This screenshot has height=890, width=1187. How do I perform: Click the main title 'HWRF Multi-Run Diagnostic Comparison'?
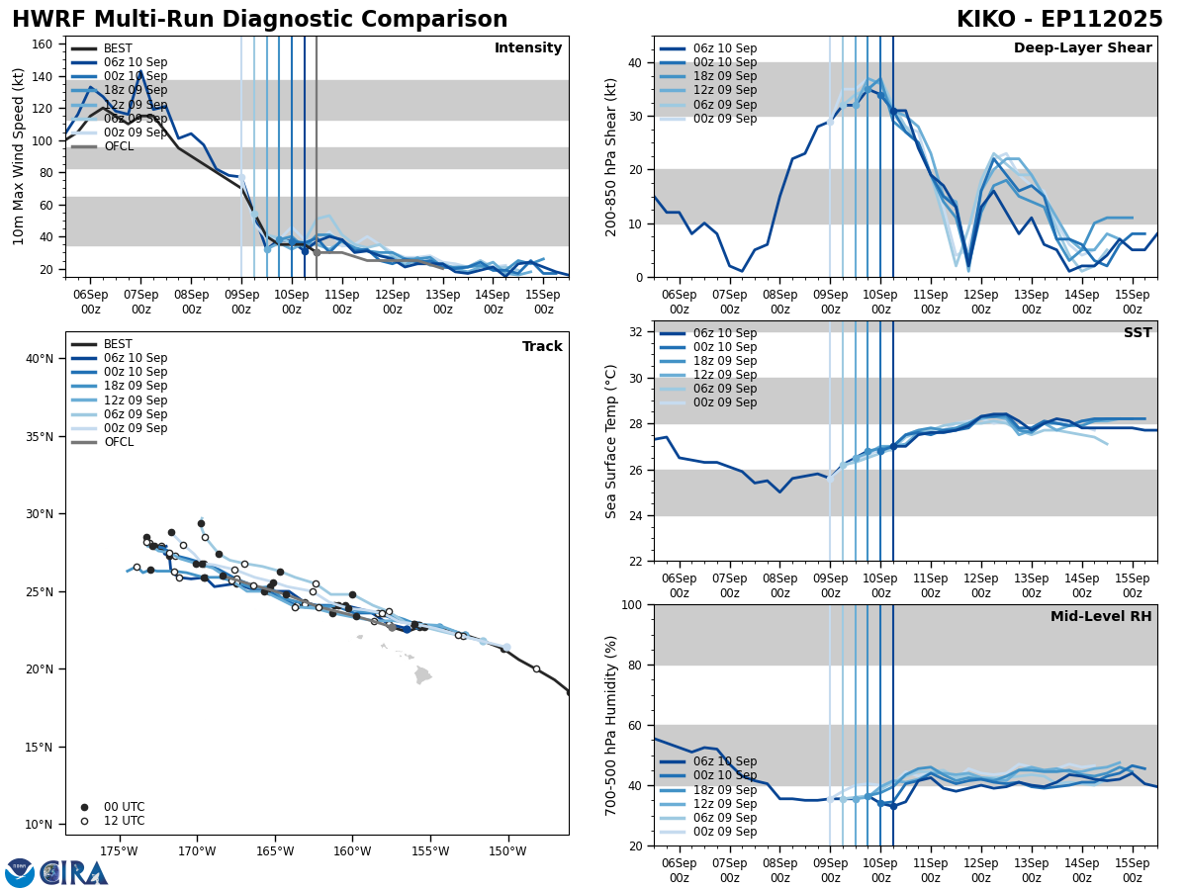[x=259, y=20]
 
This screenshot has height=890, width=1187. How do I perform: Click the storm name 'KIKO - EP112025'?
[x=1059, y=20]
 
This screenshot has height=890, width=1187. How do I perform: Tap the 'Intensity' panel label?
[x=528, y=48]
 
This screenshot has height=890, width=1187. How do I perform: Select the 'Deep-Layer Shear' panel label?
[x=1082, y=48]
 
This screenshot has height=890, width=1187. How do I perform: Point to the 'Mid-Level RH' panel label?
[x=1101, y=617]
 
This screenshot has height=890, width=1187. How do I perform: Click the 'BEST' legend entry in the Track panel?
[x=118, y=344]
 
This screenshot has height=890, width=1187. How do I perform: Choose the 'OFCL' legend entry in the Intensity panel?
[x=118, y=146]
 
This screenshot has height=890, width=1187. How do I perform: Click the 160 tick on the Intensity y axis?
[x=44, y=44]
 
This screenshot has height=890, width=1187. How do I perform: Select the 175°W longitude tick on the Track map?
[x=119, y=851]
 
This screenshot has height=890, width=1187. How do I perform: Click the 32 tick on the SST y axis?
[x=636, y=332]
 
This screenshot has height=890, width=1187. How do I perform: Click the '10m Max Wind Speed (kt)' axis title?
[x=19, y=156]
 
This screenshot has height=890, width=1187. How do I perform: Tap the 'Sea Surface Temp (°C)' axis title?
[x=611, y=441]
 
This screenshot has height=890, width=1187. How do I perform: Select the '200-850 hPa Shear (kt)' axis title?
[x=611, y=156]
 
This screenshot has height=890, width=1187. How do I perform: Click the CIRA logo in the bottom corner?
[x=74, y=873]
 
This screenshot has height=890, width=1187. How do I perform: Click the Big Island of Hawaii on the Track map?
[x=422, y=675]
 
